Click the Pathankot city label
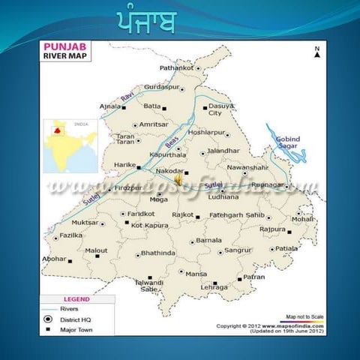[x=176, y=68]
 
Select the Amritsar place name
[x=154, y=124]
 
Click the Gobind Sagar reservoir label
[x=287, y=143]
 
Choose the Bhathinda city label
[x=157, y=253]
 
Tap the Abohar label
[x=53, y=259]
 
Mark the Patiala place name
[x=286, y=248]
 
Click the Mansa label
[x=196, y=274]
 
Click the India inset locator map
[x=70, y=145]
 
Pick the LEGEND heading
[x=76, y=298]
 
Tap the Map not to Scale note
[x=304, y=316]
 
